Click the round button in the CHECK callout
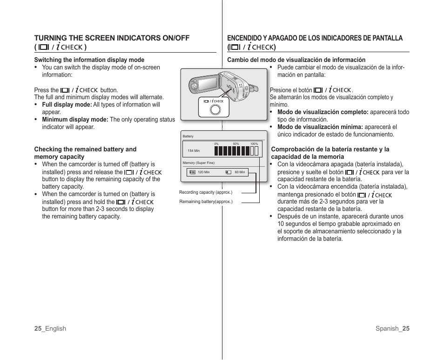tap(215, 109)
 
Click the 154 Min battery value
tap(194, 151)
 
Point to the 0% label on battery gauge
tap(216, 144)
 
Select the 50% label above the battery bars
tap(236, 144)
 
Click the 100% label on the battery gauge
tap(254, 144)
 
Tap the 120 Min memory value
tap(204, 172)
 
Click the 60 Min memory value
tap(240, 172)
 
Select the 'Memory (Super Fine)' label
tap(199, 163)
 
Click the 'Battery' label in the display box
tap(188, 136)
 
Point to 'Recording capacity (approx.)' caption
tap(205, 192)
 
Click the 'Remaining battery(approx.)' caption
tap(206, 202)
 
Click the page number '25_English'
tap(50, 328)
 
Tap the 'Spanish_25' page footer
tap(392, 328)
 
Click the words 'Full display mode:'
tap(67, 105)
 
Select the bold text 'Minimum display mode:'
tap(75, 120)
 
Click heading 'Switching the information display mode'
tap(89, 60)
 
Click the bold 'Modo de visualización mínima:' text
tap(320, 127)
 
